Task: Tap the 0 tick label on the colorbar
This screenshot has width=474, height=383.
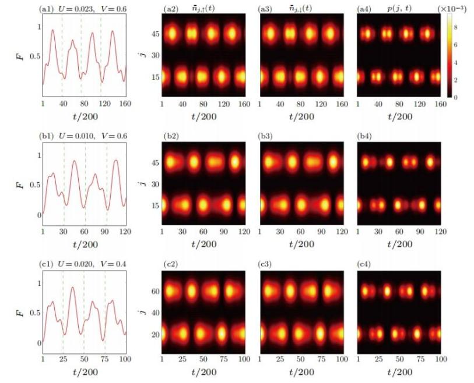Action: click(x=457, y=97)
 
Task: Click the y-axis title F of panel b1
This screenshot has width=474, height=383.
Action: click(x=23, y=185)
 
